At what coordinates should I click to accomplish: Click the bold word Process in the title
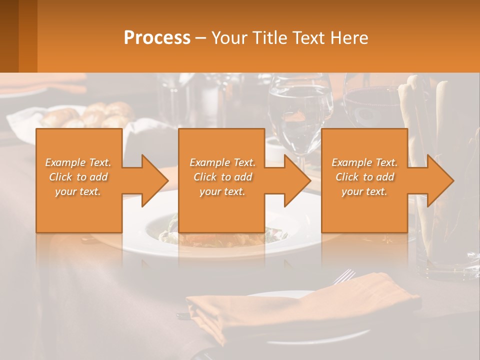[157, 38]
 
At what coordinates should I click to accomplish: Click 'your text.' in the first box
[78, 191]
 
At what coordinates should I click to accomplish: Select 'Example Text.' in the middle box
[222, 162]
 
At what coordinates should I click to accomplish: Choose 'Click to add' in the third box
[364, 177]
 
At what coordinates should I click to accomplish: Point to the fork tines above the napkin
[345, 274]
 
